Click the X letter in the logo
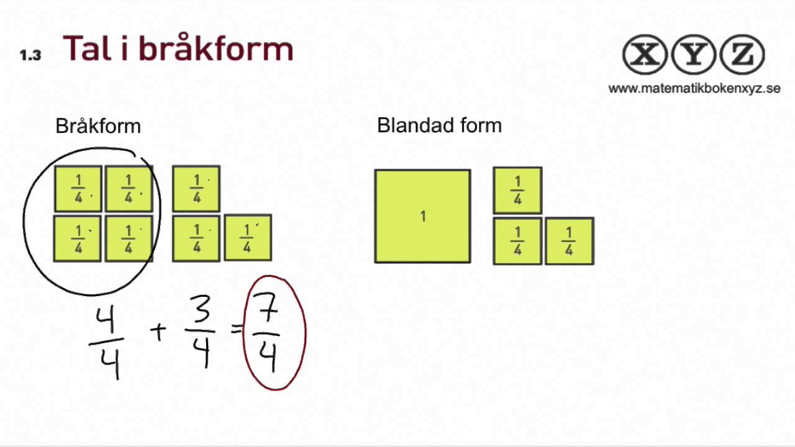[646, 55]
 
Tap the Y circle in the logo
[694, 55]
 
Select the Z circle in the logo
[742, 55]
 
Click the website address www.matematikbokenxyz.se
[694, 88]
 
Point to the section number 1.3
[30, 55]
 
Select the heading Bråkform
[98, 126]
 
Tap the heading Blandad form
[439, 125]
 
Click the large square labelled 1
[422, 216]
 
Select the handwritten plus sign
[158, 332]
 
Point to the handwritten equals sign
[236, 330]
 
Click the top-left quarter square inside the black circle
[78, 189]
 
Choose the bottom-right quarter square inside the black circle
[129, 238]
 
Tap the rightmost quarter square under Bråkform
[247, 238]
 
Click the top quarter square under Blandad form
[517, 190]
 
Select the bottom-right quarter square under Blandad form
[569, 241]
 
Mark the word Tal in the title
[90, 48]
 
